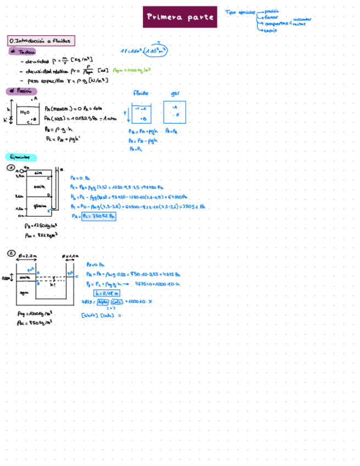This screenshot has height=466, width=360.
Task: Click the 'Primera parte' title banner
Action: tap(180, 17)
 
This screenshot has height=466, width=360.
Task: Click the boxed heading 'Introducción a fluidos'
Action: tap(41, 41)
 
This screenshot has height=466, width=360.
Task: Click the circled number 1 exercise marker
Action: tap(10, 169)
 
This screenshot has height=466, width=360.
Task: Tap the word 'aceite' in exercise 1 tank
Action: tap(39, 186)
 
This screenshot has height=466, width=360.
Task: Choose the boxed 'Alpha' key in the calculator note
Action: tap(102, 302)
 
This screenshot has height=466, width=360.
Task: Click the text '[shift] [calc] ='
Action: tap(101, 315)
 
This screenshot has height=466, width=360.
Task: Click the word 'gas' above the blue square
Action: tap(175, 93)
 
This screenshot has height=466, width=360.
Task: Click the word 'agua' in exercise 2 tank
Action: tap(24, 293)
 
